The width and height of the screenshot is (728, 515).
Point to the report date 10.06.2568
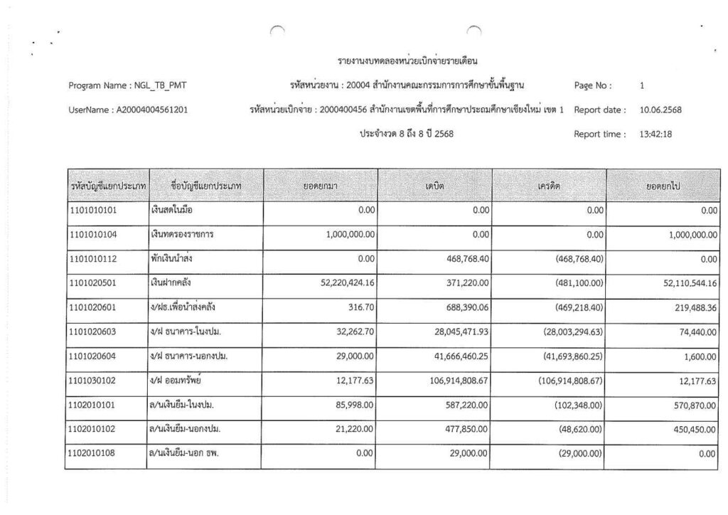click(x=661, y=110)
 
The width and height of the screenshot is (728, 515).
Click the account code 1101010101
click(x=97, y=211)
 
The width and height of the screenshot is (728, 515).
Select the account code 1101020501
click(x=97, y=284)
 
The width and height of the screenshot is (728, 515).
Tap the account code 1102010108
click(x=97, y=454)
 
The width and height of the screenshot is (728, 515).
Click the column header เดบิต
click(x=434, y=186)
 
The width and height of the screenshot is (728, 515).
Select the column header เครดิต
click(x=549, y=186)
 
